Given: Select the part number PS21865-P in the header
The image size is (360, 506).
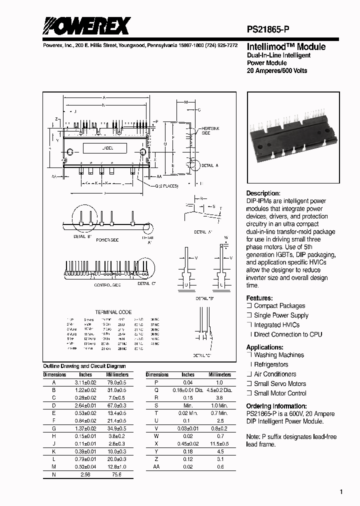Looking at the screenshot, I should tap(273, 29).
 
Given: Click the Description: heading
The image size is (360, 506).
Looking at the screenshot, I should tap(263, 193).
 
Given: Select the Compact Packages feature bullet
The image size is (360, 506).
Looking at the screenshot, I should tap(279, 306).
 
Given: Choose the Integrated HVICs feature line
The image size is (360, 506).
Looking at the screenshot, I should tap(276, 325).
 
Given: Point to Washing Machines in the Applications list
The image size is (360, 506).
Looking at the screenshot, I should tap(278, 355).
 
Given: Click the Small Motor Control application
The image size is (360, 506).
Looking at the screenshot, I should tap(280, 393).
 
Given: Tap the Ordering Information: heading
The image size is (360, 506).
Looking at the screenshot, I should tap(276, 406).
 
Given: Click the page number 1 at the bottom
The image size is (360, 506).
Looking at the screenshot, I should tap(341, 492).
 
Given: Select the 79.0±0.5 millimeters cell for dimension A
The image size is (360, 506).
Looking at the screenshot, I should tap(117, 382).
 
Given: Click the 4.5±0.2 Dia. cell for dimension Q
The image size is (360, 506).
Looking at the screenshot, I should tap(220, 390).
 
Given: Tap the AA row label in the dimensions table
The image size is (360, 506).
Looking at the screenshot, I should tap(157, 466).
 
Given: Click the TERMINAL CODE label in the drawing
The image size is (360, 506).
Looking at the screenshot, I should tap(113, 312).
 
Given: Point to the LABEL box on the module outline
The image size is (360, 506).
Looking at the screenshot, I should tap(107, 148).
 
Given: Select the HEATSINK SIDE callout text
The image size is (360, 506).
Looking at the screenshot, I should tap(210, 131).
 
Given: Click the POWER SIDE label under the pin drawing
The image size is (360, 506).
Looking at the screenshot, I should tap(107, 240).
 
